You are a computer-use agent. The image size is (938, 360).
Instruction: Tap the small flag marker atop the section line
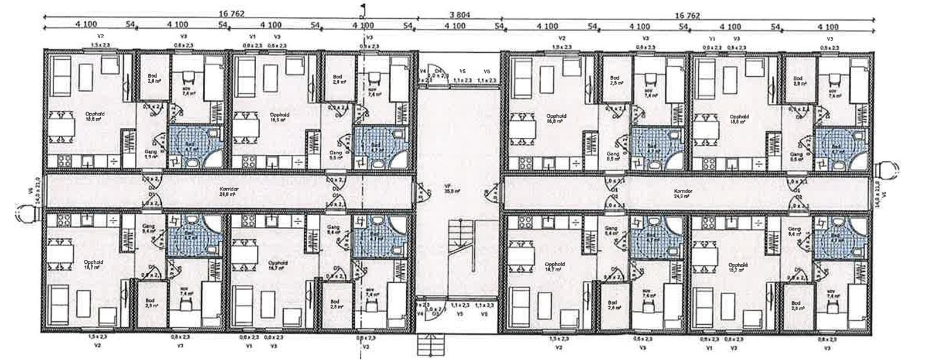pyautogui.click(x=363, y=8)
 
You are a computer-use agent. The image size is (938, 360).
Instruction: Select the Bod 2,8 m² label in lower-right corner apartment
pyautogui.click(x=796, y=305)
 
